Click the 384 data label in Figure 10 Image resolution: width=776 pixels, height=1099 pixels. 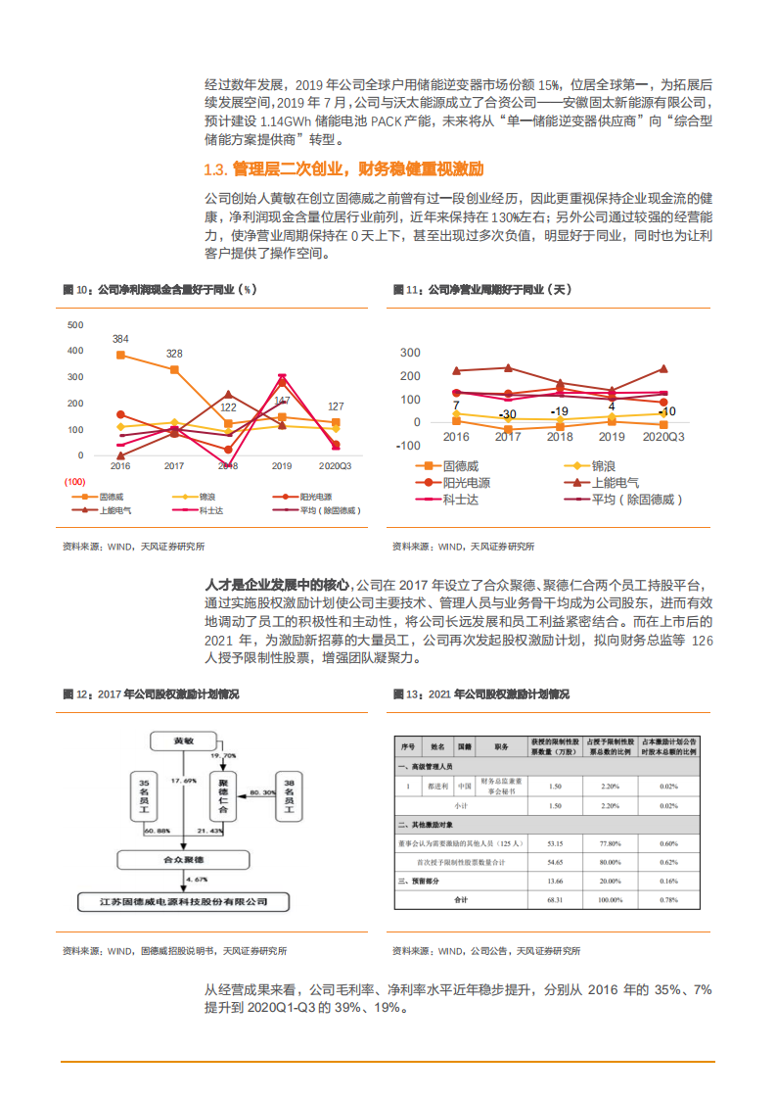pyautogui.click(x=120, y=339)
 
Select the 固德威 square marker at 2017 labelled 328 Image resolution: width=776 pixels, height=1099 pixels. pyautogui.click(x=174, y=369)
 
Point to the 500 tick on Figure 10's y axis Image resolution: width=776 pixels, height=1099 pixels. pyautogui.click(x=75, y=324)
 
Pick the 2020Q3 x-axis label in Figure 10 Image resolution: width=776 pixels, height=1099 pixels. pyautogui.click(x=336, y=466)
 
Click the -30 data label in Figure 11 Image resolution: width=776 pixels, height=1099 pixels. pyautogui.click(x=507, y=414)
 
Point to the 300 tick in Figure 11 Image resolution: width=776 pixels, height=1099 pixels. pyautogui.click(x=410, y=353)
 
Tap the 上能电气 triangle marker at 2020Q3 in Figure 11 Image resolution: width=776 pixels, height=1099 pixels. pyautogui.click(x=663, y=369)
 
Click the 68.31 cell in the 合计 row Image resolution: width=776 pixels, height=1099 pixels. pyautogui.click(x=554, y=899)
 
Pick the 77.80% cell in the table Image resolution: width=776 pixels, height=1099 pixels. pyautogui.click(x=612, y=842)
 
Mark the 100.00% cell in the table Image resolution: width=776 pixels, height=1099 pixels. pyautogui.click(x=612, y=899)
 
